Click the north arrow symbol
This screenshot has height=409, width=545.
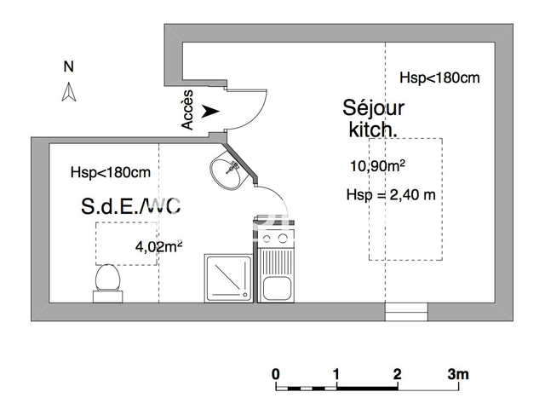[69, 92]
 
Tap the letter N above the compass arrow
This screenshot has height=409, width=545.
[69, 66]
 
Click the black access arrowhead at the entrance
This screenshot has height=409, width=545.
[210, 112]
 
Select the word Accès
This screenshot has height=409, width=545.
[187, 110]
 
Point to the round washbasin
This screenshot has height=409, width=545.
[225, 173]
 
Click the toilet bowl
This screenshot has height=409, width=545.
[108, 278]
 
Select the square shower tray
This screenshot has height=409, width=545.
[229, 279]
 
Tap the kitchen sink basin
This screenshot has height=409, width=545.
[277, 289]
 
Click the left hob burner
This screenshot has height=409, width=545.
[267, 239]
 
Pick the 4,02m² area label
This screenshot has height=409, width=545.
[159, 246]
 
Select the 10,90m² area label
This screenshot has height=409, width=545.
[377, 165]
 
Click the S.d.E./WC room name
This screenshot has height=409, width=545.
[130, 206]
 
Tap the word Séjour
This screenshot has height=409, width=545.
[373, 108]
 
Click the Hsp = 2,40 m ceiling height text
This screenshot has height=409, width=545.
[391, 195]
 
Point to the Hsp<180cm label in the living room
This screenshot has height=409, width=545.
[439, 78]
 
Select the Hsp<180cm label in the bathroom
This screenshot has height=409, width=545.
[111, 172]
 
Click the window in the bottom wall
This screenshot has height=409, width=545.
[406, 312]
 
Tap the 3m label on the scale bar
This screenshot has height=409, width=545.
[458, 374]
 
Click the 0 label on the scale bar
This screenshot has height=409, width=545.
[276, 374]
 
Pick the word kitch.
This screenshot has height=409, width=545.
[373, 130]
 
